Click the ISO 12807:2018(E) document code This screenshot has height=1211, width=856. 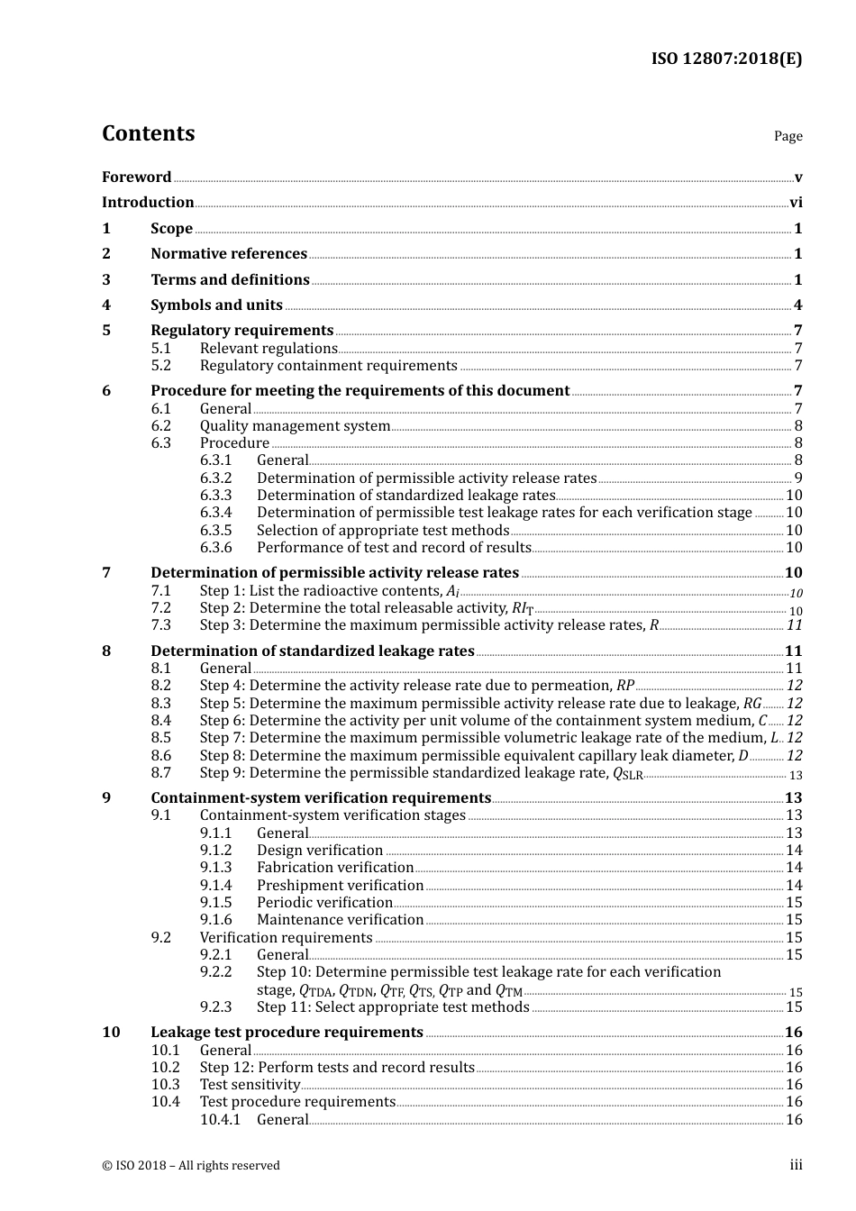[x=726, y=59]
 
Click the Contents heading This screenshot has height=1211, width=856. [x=148, y=133]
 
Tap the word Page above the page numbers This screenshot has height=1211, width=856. [x=788, y=136]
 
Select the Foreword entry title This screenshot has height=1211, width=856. [x=136, y=177]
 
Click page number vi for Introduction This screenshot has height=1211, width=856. [x=796, y=203]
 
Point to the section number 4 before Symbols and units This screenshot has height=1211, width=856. [x=106, y=305]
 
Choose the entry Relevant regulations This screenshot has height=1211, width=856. [x=269, y=349]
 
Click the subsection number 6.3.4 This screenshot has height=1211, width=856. [x=215, y=513]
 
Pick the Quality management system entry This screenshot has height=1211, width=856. [x=295, y=426]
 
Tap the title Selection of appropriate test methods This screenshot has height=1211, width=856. [x=383, y=531]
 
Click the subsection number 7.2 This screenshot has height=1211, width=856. [x=160, y=608]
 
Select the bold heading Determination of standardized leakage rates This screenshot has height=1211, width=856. [x=312, y=651]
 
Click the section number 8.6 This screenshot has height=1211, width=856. [x=160, y=756]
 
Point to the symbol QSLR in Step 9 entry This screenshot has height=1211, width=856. [x=628, y=774]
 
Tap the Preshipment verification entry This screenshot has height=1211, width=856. [x=340, y=886]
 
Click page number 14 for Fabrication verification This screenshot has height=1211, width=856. [x=794, y=868]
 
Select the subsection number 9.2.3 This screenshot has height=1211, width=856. [x=215, y=1007]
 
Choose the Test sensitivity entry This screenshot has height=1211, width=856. [x=250, y=1085]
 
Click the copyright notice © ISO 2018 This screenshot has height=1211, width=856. [x=190, y=1166]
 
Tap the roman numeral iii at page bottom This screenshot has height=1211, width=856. [x=796, y=1165]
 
